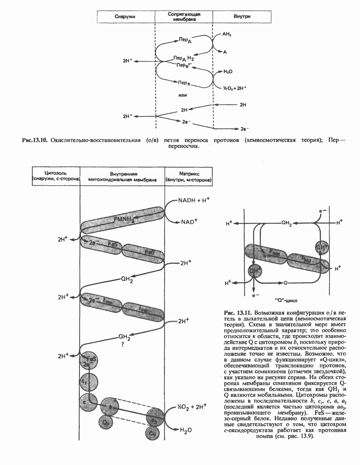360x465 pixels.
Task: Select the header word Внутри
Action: pyautogui.click(x=242, y=16)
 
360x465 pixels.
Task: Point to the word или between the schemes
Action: pyautogui.click(x=183, y=95)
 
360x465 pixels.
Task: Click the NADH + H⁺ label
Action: pyautogui.click(x=194, y=201)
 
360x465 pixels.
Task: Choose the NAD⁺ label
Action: pyautogui.click(x=189, y=222)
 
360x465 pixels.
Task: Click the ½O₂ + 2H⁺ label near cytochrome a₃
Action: pyautogui.click(x=192, y=407)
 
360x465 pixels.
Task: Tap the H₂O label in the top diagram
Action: pyautogui.click(x=228, y=72)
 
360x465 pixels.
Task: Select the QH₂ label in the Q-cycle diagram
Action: pyautogui.click(x=287, y=223)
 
